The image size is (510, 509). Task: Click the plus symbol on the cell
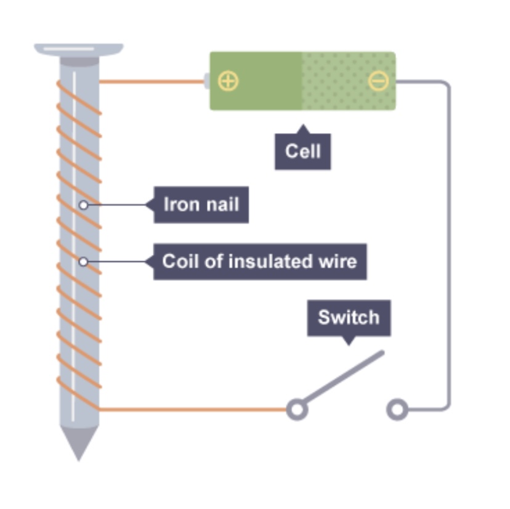pyautogui.click(x=229, y=81)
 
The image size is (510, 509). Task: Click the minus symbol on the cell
pyautogui.click(x=378, y=81)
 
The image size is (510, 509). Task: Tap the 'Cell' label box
pyautogui.click(x=302, y=151)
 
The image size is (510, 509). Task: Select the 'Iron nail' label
pyautogui.click(x=201, y=204)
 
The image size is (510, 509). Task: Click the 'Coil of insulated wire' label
pyautogui.click(x=259, y=261)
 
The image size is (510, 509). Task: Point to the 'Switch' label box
pyautogui.click(x=348, y=318)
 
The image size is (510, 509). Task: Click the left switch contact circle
pyautogui.click(x=297, y=409)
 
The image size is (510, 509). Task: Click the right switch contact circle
pyautogui.click(x=397, y=409)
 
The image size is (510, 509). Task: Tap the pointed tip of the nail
pyautogui.click(x=79, y=450)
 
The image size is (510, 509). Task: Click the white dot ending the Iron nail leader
pyautogui.click(x=84, y=205)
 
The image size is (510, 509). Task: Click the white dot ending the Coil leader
pyautogui.click(x=84, y=262)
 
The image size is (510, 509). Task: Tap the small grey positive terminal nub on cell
pyautogui.click(x=206, y=81)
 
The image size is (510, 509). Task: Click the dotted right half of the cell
pyautogui.click(x=348, y=81)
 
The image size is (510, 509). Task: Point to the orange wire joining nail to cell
pyautogui.click(x=151, y=81)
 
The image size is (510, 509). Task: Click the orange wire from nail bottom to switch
pyautogui.click(x=191, y=409)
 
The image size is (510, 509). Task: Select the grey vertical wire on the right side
pyautogui.click(x=448, y=246)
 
